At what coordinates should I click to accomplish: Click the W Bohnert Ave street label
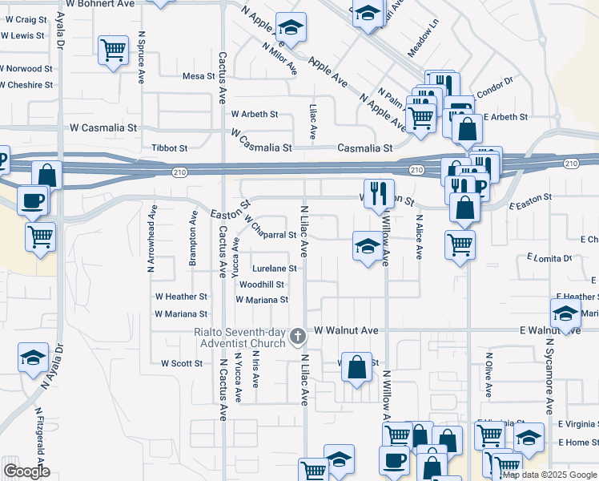100,4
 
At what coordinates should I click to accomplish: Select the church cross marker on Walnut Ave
298,337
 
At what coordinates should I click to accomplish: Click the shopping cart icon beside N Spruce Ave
113,50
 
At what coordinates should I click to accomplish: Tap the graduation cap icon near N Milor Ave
291,28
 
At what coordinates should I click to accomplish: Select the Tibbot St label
169,148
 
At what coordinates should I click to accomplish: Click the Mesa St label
199,77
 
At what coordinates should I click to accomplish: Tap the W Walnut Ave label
346,330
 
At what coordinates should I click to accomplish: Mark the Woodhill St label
261,285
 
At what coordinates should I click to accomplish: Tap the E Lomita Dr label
549,258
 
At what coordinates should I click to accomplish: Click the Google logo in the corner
26,471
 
